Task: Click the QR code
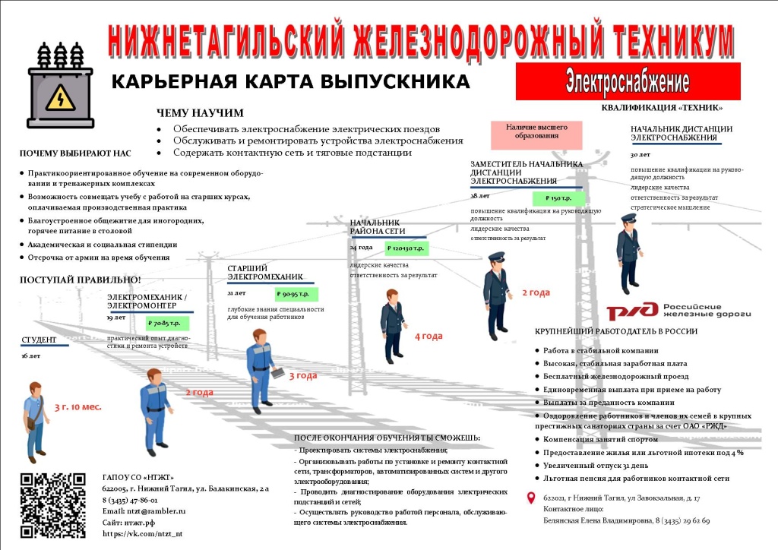pyautogui.click(x=52, y=504)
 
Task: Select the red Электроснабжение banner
pyautogui.click(x=628, y=81)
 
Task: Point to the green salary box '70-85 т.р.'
pyautogui.click(x=168, y=323)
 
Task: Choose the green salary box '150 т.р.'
pyautogui.click(x=559, y=198)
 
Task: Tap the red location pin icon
pyautogui.click(x=531, y=498)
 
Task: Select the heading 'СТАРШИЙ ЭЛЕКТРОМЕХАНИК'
pyautogui.click(x=265, y=272)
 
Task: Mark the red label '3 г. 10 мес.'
pyautogui.click(x=77, y=406)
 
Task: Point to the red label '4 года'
pyautogui.click(x=428, y=336)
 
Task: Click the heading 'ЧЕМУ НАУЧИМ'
pyautogui.click(x=200, y=113)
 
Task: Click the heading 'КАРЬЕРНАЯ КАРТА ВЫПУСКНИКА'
pyautogui.click(x=291, y=81)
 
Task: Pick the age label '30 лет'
pyautogui.click(x=640, y=154)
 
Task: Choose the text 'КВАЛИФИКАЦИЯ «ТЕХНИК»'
pyautogui.click(x=662, y=108)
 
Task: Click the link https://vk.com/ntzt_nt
pyautogui.click(x=142, y=533)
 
